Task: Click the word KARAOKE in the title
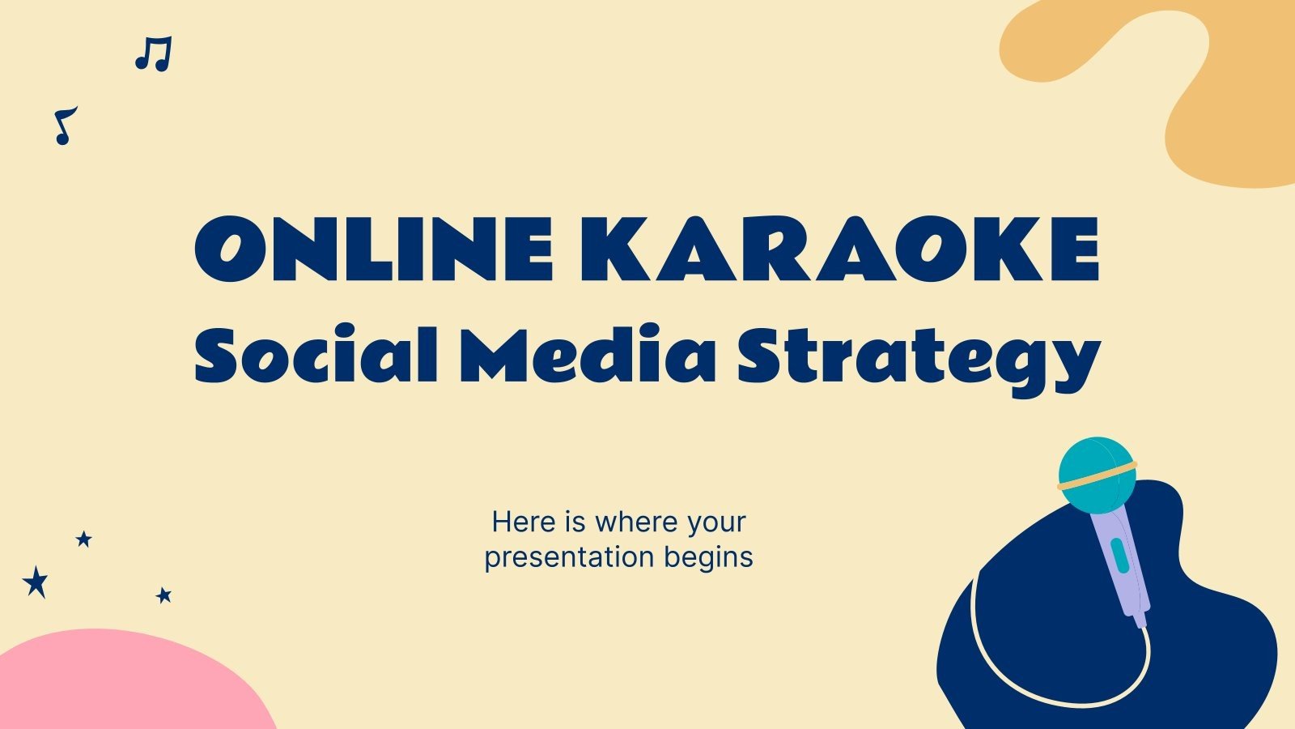pyautogui.click(x=839, y=248)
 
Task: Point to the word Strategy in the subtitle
pyautogui.click(x=917, y=358)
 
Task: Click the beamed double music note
pyautogui.click(x=153, y=54)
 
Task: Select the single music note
pyautogui.click(x=64, y=126)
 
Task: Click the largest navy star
pyautogui.click(x=36, y=582)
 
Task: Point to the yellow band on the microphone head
pyautogui.click(x=1098, y=477)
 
